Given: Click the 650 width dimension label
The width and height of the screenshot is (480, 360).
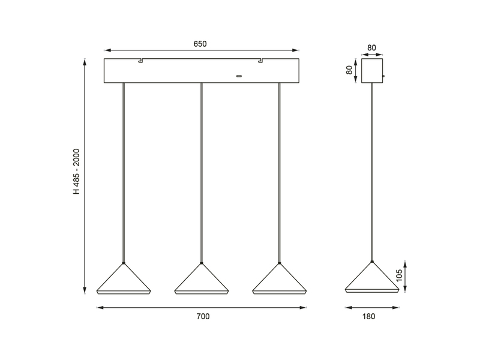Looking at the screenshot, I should tap(202, 44).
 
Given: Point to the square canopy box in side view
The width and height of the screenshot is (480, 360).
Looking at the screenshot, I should tap(372, 70).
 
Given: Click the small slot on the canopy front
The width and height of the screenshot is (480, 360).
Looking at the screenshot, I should tap(239, 76).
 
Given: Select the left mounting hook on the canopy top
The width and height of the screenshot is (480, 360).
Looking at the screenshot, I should tap(140, 60).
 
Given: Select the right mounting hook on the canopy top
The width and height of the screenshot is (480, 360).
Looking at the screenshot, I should tap(261, 60).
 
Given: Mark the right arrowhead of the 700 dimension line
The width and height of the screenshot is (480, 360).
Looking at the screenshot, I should tap(303, 308).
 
